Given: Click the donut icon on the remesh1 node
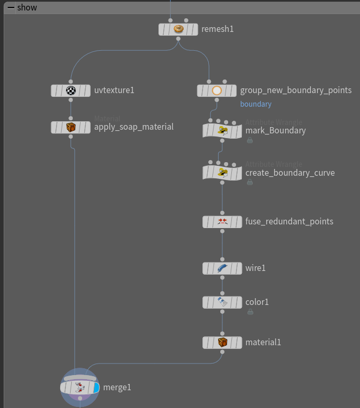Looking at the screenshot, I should coord(178,29).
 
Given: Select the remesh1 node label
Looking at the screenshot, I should coord(217,29).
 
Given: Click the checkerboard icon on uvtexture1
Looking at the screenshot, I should coord(71,90).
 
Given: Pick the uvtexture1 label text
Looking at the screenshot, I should coord(114,90).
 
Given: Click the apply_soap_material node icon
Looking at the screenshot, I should coord(71,127).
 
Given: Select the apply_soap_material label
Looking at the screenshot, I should coord(133,127).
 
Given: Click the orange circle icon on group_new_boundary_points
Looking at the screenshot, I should coord(217,90).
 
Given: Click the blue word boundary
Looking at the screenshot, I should coord(255,104).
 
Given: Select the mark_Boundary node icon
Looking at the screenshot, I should coord(222,131).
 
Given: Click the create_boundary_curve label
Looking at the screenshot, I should coord(290,173).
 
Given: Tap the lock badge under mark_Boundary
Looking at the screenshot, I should coord(250,140).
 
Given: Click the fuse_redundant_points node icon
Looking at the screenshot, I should coord(222,222).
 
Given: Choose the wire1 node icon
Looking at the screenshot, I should coord(222,268).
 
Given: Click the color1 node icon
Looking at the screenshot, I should coord(222,302).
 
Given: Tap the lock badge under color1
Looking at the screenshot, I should coord(250,312).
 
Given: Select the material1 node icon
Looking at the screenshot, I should coord(222,343).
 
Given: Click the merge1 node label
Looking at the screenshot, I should coord(117,388).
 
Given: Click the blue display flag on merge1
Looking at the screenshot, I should coord(96,388).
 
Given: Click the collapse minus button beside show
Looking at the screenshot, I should coord(10,7).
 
